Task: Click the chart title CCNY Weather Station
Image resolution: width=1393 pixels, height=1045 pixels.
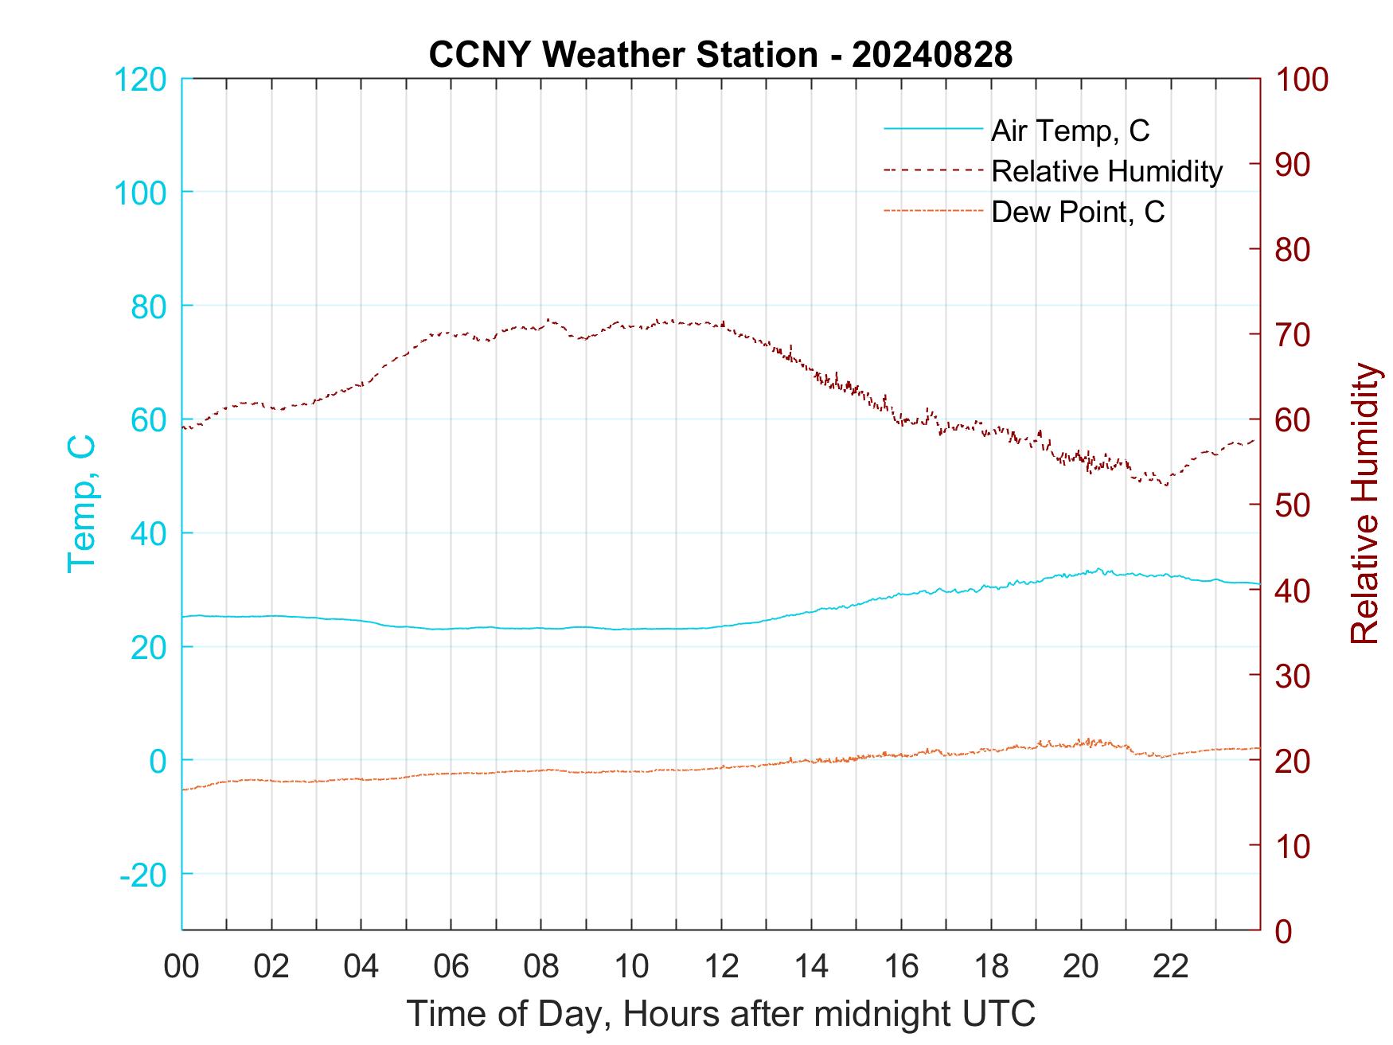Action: pos(622,55)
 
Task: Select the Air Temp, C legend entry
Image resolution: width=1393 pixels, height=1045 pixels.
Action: pos(1069,130)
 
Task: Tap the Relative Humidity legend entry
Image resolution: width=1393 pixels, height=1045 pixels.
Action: pos(1106,171)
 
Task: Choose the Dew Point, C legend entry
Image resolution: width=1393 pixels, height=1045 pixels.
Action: pos(1077,213)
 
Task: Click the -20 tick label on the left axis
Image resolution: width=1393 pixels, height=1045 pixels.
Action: pos(143,875)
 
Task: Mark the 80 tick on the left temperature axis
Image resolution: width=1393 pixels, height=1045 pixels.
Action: pos(148,306)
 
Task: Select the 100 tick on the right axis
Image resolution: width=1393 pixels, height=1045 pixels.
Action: pos(1301,80)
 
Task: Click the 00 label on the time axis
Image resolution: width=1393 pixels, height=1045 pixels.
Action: pos(181,966)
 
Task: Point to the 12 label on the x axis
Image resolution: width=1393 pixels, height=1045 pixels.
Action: pos(721,966)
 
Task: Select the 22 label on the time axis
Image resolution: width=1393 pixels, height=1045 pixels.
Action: pos(1171,966)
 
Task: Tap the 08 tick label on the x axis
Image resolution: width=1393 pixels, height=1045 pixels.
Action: pos(541,966)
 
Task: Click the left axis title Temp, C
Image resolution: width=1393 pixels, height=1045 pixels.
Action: pos(82,504)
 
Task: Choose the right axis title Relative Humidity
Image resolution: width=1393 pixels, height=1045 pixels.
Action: pos(1364,504)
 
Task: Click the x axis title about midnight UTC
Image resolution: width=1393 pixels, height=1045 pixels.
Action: pos(721,1013)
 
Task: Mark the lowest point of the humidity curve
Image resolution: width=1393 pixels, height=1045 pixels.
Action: pos(1167,485)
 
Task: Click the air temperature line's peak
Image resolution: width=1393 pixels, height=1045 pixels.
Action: pos(1099,568)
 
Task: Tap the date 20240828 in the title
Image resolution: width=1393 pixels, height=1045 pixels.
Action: pos(932,55)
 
